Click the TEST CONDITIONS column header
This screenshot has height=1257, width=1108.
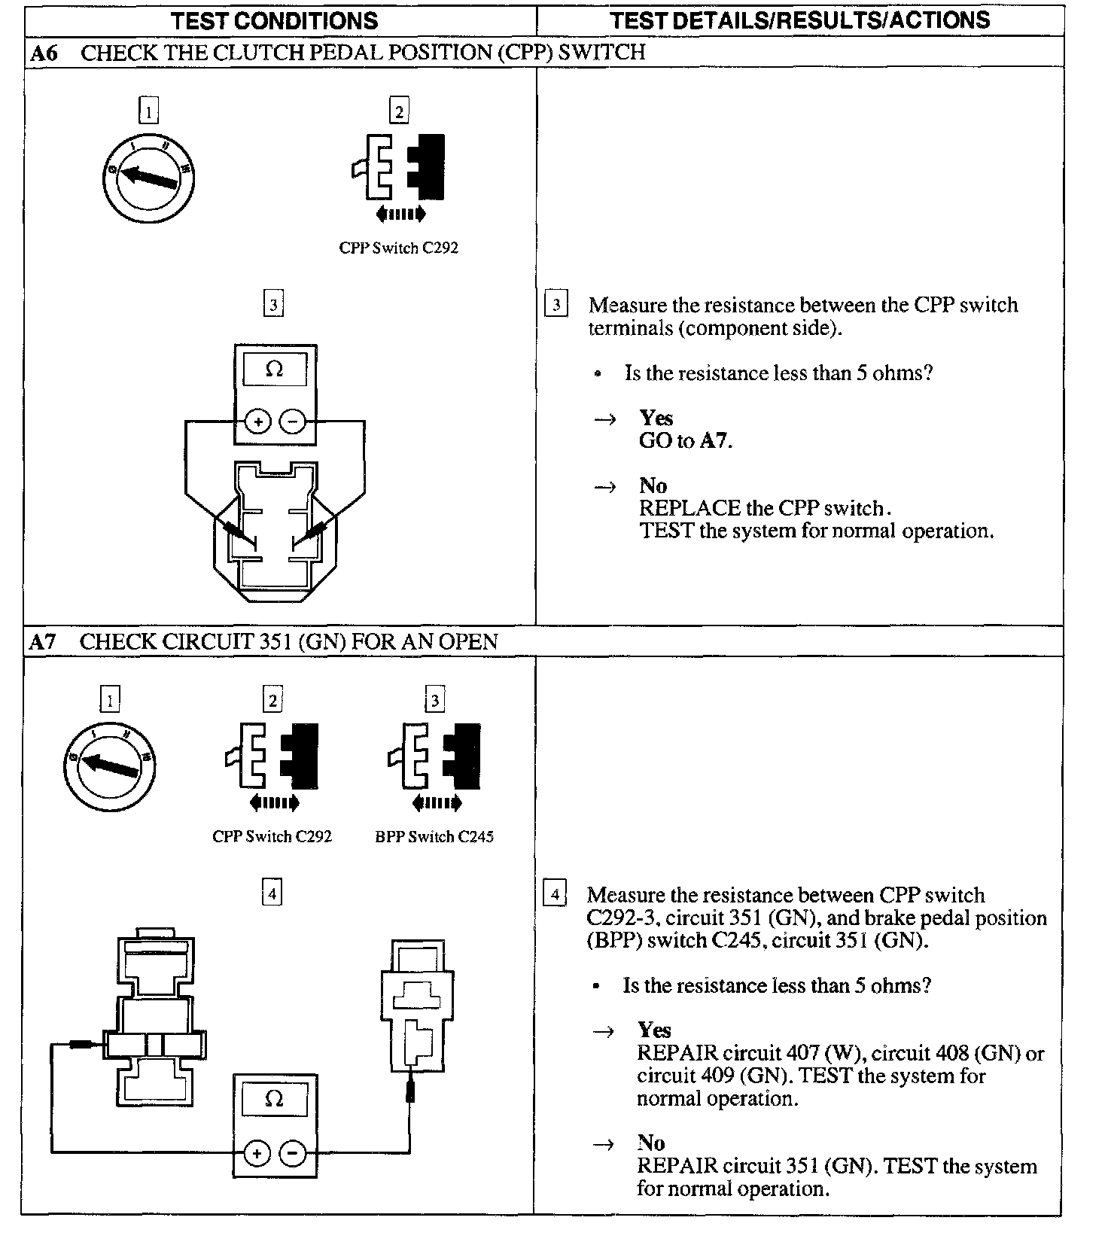(274, 20)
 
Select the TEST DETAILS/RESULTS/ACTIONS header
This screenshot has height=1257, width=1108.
(799, 20)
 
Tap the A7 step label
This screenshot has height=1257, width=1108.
(42, 642)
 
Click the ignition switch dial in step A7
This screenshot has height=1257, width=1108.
(110, 766)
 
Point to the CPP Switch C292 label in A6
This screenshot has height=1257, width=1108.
(398, 248)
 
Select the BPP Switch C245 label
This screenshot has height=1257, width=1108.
(434, 837)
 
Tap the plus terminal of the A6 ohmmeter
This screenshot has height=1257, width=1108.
(258, 422)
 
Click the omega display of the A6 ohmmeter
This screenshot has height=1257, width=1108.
(275, 370)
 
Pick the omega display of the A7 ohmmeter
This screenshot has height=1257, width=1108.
(275, 1100)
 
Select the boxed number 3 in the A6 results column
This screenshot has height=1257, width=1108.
(556, 306)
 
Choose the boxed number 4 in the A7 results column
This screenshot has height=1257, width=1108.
(555, 895)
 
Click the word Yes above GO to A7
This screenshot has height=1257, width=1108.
(656, 418)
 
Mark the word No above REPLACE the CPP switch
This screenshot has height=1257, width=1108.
(653, 486)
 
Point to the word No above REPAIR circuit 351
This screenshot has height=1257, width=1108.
(651, 1143)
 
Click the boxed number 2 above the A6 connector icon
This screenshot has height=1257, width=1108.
(399, 112)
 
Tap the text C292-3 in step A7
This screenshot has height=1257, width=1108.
(622, 918)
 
